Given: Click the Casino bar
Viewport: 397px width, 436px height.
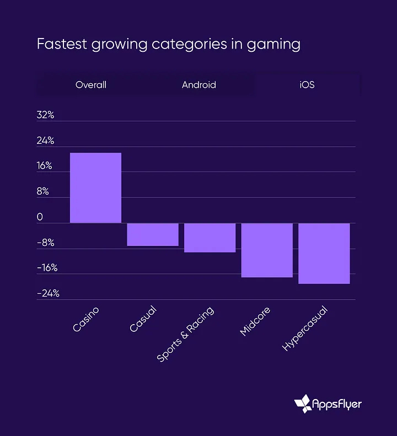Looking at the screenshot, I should tap(95, 188).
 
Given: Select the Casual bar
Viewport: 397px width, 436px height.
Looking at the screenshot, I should tap(153, 234).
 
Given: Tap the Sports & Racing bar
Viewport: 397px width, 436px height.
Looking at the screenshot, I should tap(210, 238).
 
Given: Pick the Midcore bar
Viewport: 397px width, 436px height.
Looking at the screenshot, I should tap(267, 250).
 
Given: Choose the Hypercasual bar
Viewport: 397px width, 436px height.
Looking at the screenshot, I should tap(324, 254).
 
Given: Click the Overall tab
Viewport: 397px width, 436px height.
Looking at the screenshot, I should tap(91, 85).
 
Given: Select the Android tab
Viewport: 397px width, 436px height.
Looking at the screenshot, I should tap(199, 85).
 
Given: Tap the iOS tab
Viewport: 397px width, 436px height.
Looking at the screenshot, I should tap(307, 85).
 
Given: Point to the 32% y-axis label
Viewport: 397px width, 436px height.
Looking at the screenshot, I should tap(46, 115).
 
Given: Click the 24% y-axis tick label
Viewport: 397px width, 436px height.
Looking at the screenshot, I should tap(46, 141).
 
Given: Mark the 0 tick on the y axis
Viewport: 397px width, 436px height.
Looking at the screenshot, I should tap(40, 217).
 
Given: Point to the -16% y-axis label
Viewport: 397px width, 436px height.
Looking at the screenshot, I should tap(47, 268).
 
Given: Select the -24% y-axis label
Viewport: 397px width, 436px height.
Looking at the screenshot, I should tap(48, 293).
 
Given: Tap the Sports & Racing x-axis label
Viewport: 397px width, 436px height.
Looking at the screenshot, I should tap(186, 334).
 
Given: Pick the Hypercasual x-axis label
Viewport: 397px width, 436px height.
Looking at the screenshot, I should tap(305, 329).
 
